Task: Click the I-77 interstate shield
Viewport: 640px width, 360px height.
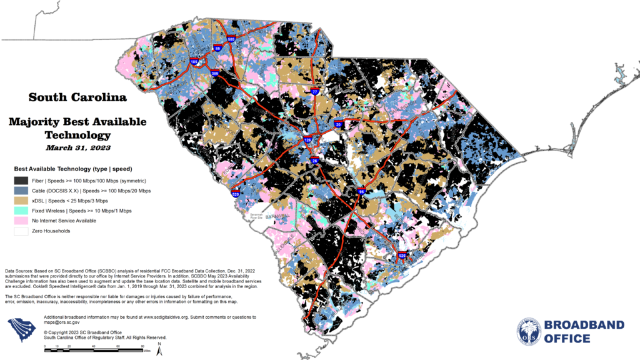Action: pyautogui.click(x=315, y=92)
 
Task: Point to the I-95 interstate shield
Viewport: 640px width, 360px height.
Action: pyautogui.click(x=361, y=192)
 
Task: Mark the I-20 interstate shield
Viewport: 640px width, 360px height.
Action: pyautogui.click(x=337, y=124)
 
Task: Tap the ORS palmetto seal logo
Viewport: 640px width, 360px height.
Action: pyautogui.click(x=529, y=331)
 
